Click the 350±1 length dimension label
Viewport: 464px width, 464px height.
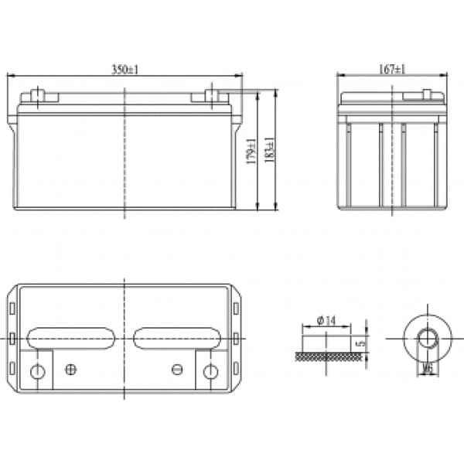(x=125, y=70)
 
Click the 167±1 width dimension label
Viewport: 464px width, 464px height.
(x=392, y=70)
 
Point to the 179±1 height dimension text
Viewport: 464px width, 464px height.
(x=251, y=152)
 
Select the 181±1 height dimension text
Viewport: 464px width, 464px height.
(x=269, y=150)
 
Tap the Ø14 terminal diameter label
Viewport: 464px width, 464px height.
(x=326, y=320)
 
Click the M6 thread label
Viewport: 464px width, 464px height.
(x=428, y=369)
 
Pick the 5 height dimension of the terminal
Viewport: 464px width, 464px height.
(x=361, y=343)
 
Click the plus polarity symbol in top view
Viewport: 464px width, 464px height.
(x=70, y=370)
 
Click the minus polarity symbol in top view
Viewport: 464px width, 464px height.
(x=177, y=369)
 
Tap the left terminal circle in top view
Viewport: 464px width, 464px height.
(x=38, y=372)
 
